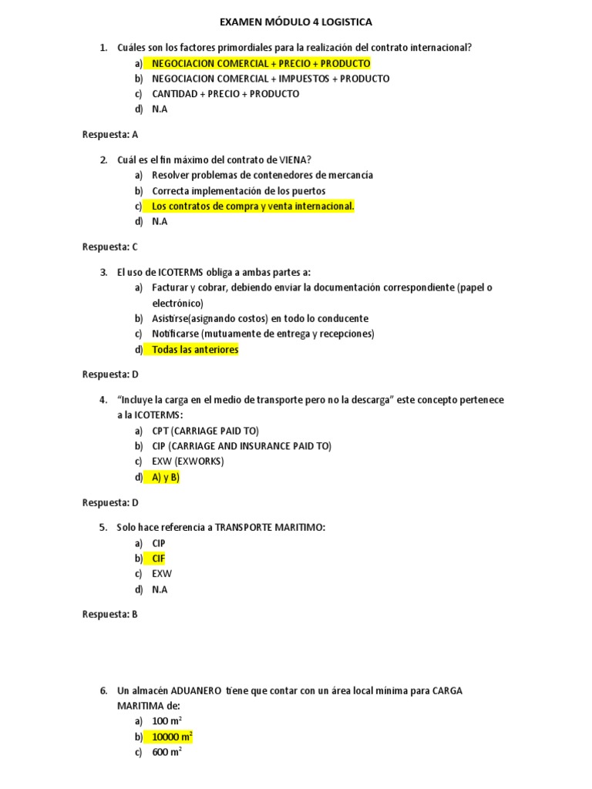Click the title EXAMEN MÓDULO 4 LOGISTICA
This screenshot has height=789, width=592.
point(296,22)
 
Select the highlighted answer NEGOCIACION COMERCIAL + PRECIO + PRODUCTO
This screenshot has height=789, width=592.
point(261,63)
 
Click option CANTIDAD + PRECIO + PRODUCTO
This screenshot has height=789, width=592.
point(226,94)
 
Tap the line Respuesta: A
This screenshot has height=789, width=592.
point(110,134)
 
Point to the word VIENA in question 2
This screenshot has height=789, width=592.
point(293,159)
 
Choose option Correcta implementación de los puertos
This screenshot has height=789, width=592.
point(239,190)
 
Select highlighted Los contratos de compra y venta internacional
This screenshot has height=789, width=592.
point(253,206)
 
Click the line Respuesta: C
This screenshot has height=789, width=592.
point(110,247)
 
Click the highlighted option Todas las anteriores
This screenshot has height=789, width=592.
point(195,349)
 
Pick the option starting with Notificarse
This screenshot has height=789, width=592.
point(263,334)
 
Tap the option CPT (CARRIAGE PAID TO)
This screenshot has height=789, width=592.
point(206,431)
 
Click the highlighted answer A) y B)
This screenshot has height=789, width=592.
point(166,477)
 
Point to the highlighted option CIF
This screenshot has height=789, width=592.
point(159,559)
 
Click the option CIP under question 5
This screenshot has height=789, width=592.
point(159,543)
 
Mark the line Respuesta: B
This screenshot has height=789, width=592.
point(110,614)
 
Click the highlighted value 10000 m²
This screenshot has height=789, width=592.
point(172,737)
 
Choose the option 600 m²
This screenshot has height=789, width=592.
point(166,753)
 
